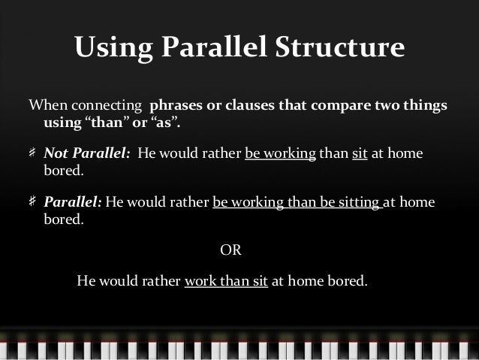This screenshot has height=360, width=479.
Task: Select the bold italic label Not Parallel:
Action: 86,154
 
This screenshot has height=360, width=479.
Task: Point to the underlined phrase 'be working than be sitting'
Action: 298,203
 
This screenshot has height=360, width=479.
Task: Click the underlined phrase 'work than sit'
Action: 225,283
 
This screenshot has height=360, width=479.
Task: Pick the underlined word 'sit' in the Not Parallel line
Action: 359,154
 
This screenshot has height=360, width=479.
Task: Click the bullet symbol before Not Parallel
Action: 33,154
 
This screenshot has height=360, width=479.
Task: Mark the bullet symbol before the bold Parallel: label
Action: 33,203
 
